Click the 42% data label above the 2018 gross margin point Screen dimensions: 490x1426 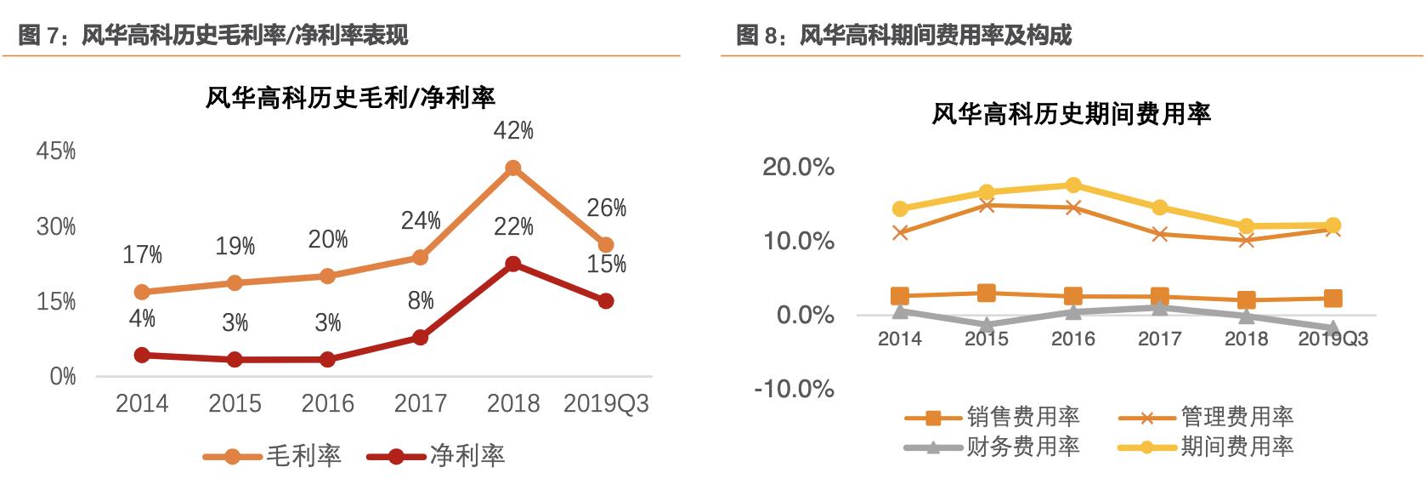pyautogui.click(x=513, y=131)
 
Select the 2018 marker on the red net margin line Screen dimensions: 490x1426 pyautogui.click(x=512, y=265)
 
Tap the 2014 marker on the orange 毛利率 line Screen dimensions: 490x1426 pyautogui.click(x=142, y=292)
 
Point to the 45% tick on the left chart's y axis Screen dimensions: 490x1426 pyautogui.click(x=56, y=151)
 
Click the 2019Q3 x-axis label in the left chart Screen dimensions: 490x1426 pyautogui.click(x=606, y=403)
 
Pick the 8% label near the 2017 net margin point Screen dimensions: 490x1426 pyautogui.click(x=421, y=300)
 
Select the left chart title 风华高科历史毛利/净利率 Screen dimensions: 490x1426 pyautogui.click(x=350, y=98)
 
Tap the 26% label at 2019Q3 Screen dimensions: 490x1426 pyautogui.click(x=607, y=208)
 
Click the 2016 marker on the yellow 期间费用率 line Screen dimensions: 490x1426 pyautogui.click(x=1073, y=185)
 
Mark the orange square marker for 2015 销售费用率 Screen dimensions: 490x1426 pyautogui.click(x=987, y=293)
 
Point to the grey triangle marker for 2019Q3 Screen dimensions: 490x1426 pyautogui.click(x=1333, y=328)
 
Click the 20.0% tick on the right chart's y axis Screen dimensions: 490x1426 pyautogui.click(x=798, y=167)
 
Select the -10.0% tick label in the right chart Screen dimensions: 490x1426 pyautogui.click(x=794, y=389)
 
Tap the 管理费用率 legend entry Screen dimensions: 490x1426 pyautogui.click(x=1236, y=417)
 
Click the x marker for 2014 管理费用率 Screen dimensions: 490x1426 pyautogui.click(x=900, y=232)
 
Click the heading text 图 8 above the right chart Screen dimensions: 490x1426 pyautogui.click(x=758, y=35)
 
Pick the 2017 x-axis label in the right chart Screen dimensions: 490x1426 pyautogui.click(x=1159, y=339)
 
